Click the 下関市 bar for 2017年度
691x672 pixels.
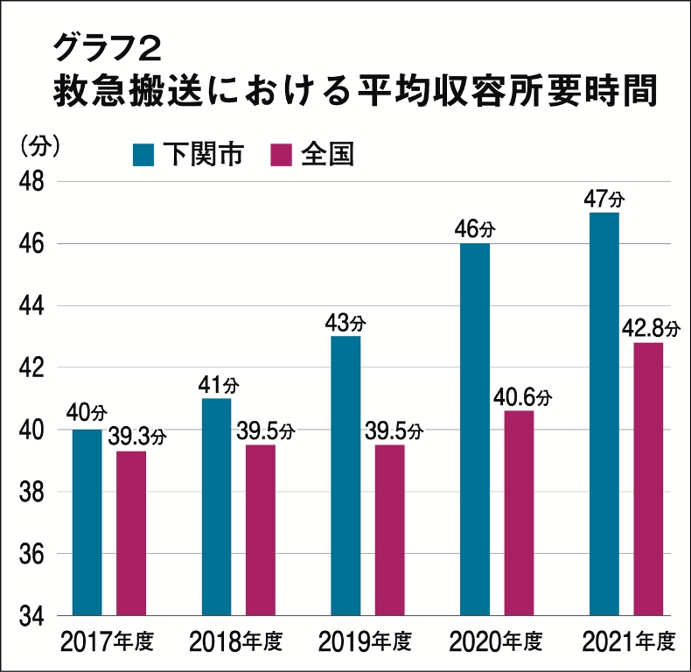87,522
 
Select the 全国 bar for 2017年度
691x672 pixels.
131,533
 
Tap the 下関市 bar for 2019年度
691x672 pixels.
346,476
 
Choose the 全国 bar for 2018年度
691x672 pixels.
261,530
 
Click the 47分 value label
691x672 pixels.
604,198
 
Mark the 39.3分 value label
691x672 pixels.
137,437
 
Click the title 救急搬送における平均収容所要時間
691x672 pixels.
354,91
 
